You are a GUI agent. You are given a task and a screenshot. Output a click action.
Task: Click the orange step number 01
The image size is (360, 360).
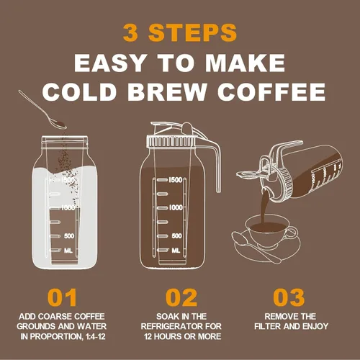click(63, 298)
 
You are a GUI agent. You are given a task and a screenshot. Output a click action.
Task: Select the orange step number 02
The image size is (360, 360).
click(181, 298)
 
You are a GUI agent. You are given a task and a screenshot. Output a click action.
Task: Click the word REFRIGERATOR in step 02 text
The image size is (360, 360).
click(181, 326)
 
